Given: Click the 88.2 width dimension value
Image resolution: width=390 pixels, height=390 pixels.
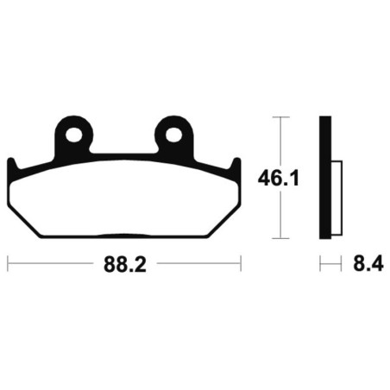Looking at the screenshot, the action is (x=125, y=264).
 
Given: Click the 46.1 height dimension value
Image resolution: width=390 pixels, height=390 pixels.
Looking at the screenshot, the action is (x=279, y=179).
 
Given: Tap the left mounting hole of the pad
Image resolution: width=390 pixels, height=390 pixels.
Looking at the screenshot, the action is (x=74, y=135).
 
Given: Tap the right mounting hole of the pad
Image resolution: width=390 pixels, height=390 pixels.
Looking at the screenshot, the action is (x=173, y=135).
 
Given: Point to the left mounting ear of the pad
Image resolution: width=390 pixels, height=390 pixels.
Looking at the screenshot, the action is (x=74, y=136).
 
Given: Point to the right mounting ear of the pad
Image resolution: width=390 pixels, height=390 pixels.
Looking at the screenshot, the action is (x=173, y=136).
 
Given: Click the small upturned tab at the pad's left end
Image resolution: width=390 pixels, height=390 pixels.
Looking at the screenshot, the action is (x=12, y=167).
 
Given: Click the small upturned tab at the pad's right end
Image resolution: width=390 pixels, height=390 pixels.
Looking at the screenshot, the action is (x=236, y=167).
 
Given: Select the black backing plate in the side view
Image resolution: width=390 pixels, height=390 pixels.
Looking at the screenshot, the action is (x=325, y=178).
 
